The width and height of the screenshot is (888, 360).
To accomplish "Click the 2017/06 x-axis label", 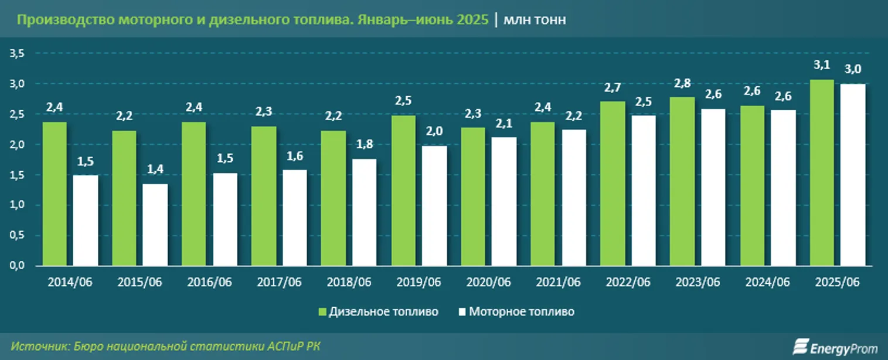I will pos(279,282).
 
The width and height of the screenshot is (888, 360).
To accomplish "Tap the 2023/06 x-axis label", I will pos(698,282).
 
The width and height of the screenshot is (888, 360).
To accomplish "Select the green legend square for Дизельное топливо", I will pos(322,312).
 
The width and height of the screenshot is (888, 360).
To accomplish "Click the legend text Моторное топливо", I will pos(522,312).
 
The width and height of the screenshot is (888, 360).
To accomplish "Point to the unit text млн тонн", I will pos(535,21).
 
